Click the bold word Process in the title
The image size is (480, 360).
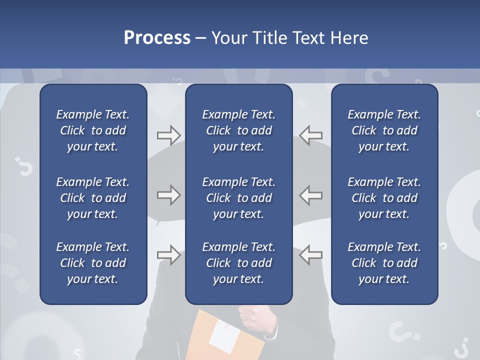(x=157, y=38)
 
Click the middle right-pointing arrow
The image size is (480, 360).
(x=168, y=195)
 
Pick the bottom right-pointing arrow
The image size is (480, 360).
(x=168, y=255)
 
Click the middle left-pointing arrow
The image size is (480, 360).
(x=310, y=195)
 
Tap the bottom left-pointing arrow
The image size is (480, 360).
(x=310, y=255)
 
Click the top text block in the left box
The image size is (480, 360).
(x=93, y=130)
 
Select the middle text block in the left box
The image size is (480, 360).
(x=93, y=198)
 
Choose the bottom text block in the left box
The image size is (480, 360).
(x=93, y=263)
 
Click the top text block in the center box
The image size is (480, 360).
(x=238, y=130)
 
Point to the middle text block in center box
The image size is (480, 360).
(x=238, y=198)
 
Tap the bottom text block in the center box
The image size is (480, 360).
(x=238, y=263)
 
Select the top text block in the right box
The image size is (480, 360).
(x=384, y=130)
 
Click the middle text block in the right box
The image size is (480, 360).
(x=384, y=198)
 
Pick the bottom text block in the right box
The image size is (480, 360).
(x=384, y=263)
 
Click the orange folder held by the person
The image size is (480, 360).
(x=200, y=335)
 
